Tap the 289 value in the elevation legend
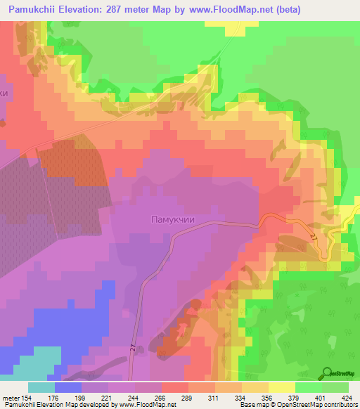188,396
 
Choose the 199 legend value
82,396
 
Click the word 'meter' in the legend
11,396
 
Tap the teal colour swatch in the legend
41,387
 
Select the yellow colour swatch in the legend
282,387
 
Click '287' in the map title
161,10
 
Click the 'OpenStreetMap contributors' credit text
321,405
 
